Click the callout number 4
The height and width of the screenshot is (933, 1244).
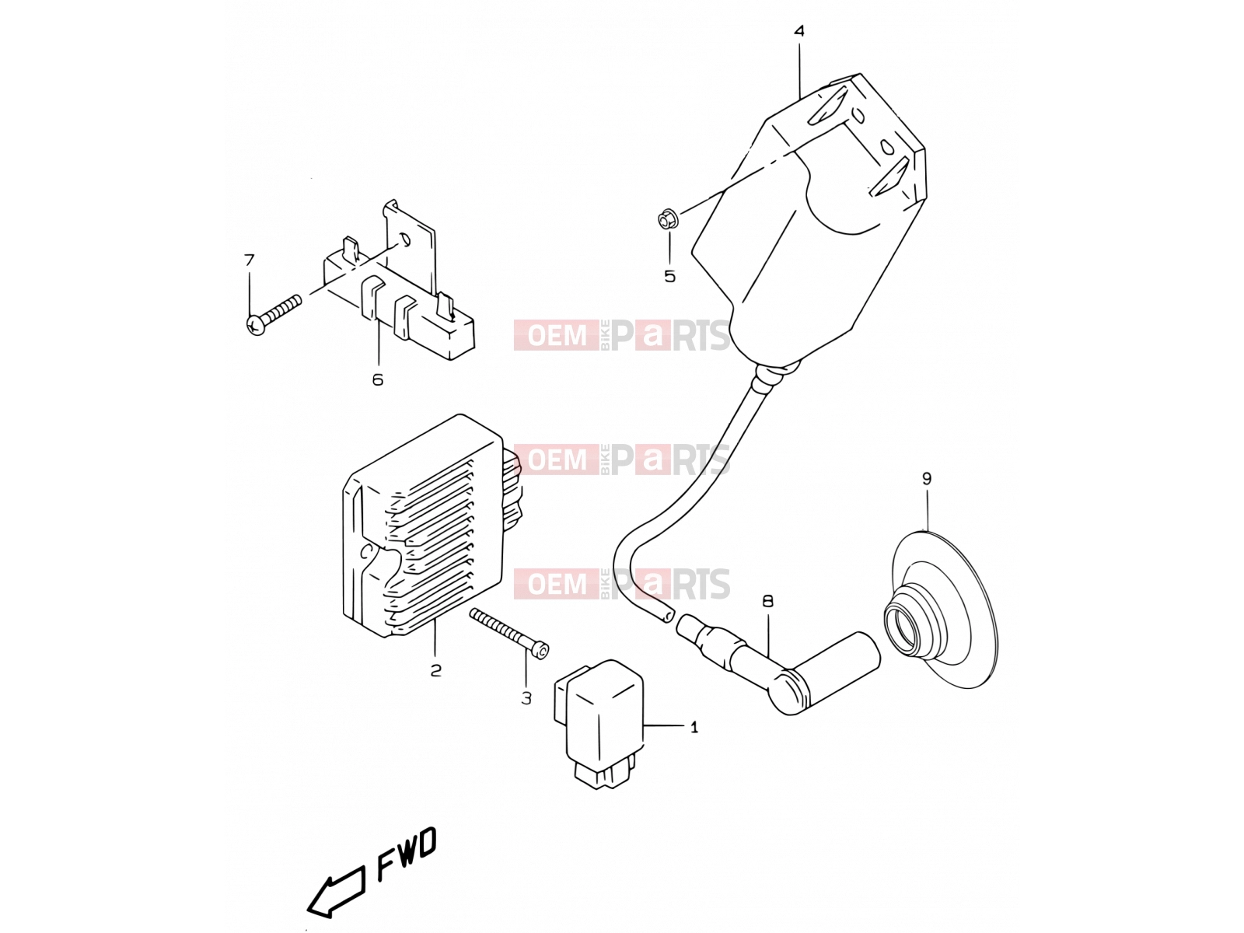tap(798, 30)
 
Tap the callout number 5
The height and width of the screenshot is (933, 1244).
tap(670, 277)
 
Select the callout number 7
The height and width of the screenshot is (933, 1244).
tap(250, 260)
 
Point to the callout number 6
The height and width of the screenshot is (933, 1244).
tap(378, 379)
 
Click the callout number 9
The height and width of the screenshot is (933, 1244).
tap(926, 479)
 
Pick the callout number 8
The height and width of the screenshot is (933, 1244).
tap(768, 601)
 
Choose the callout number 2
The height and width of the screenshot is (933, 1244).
tap(435, 671)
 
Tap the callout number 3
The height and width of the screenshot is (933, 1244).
tap(526, 698)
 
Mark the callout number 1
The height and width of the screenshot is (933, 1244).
tap(694, 728)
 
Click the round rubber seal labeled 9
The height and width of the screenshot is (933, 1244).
tap(941, 610)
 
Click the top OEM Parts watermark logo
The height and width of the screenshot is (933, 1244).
tap(622, 335)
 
